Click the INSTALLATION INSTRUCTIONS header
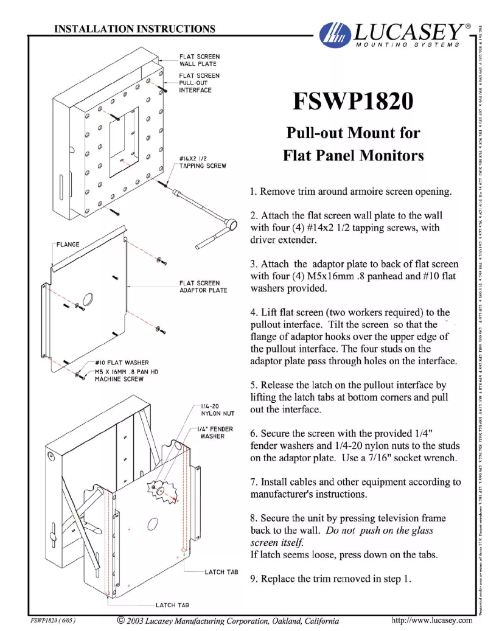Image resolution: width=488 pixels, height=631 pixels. [134, 28]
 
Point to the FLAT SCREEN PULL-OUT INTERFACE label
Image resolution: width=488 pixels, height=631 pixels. [199, 83]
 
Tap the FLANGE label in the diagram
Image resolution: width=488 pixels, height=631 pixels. [68, 245]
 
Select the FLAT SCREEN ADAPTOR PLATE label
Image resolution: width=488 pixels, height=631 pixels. [203, 287]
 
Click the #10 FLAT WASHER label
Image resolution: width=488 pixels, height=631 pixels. [122, 363]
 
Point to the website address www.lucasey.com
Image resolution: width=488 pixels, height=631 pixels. [433, 620]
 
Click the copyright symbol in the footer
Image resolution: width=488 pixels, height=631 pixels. [120, 620]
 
